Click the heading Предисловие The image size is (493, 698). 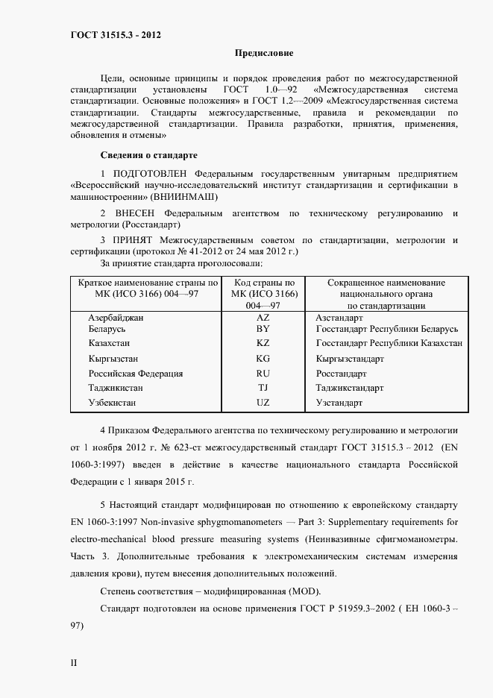coord(264,53)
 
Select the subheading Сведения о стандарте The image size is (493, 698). coord(148,155)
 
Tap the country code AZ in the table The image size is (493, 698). coord(263,317)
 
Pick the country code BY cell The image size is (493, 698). coord(263,328)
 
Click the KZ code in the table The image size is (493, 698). coord(263,343)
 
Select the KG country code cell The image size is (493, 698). coord(263,359)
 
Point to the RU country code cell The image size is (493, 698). coord(263,374)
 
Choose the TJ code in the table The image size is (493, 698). coord(263,388)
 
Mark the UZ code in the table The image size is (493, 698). coord(263,403)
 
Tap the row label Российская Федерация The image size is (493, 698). coord(135,374)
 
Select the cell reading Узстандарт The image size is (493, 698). coord(339,403)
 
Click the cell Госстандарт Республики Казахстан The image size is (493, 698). coord(389,343)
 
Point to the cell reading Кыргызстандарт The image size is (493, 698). coord(350,359)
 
